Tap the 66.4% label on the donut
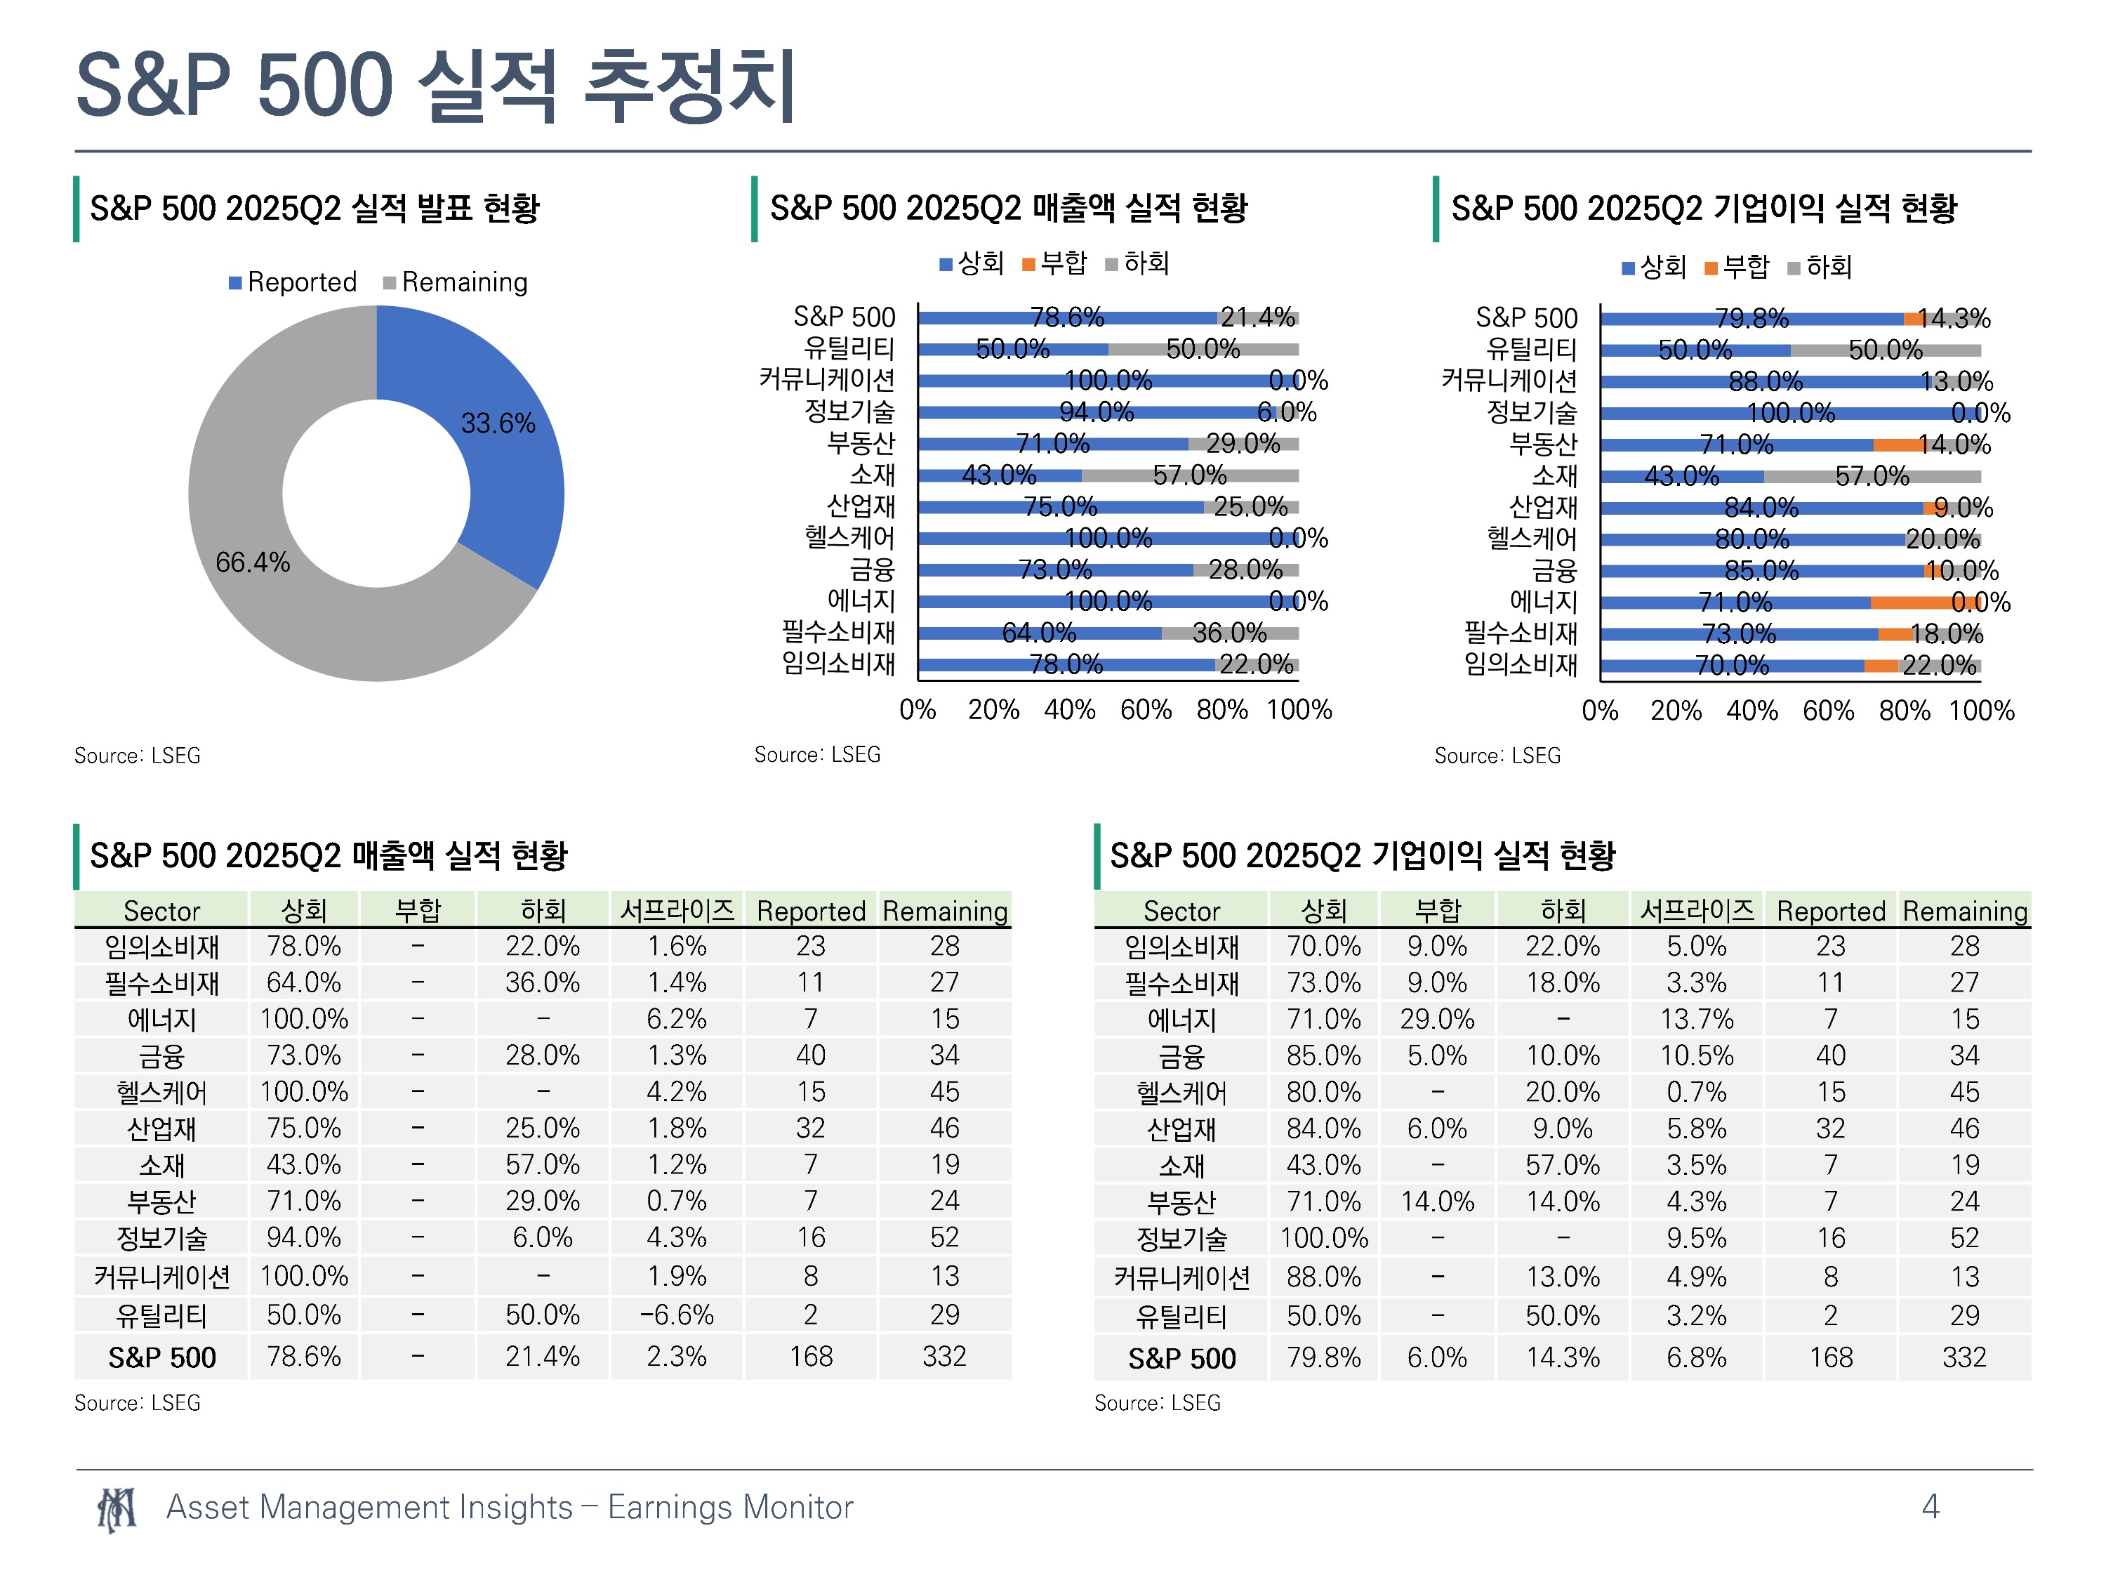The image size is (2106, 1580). pos(252,562)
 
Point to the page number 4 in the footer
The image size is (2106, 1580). pos(1930,1506)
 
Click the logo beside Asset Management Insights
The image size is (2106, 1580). pos(116,1508)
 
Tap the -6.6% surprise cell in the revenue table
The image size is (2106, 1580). pos(677,1315)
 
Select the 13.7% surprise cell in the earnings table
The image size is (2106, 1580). pos(1697,1019)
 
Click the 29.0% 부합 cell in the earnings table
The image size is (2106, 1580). pos(1437,1019)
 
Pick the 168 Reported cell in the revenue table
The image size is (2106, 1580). pos(810,1355)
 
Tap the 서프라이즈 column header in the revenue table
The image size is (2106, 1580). pos(677,909)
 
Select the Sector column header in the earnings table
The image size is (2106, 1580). pos(1181,911)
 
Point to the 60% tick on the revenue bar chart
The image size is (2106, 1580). pos(1146,709)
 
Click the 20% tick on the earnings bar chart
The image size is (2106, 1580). pos(1676,711)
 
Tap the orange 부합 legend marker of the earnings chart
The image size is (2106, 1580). pos(1711,268)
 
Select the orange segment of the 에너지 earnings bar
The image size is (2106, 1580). pos(1925,603)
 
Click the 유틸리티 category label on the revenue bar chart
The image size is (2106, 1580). pos(849,348)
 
